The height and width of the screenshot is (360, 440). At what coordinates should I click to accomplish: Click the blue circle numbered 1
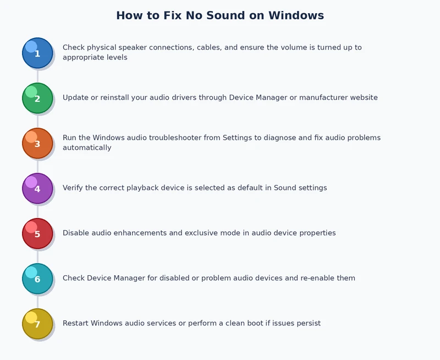pos(37,53)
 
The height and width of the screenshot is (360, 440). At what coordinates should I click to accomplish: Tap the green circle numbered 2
pos(37,98)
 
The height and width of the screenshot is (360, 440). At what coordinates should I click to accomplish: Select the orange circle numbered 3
pos(37,143)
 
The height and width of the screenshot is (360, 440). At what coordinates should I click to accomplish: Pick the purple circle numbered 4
pos(37,188)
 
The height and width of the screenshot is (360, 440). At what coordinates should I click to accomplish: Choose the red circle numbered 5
pos(37,233)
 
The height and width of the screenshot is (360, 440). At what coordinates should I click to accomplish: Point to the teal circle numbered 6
pos(37,279)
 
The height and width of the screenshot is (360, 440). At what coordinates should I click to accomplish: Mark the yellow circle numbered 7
pos(37,324)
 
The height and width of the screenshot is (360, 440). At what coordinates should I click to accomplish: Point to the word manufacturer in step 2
pos(320,98)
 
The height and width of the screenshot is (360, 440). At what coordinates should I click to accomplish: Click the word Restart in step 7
pos(75,324)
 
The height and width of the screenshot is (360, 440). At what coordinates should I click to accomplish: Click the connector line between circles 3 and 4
pos(37,166)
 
